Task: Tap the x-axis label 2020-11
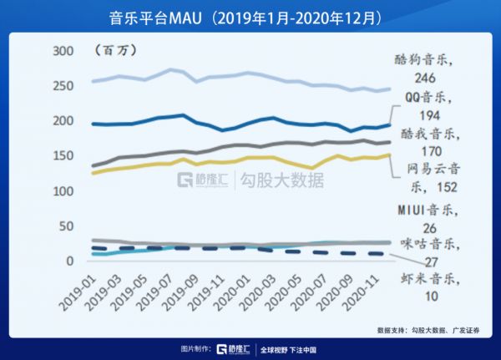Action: point(364,289)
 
